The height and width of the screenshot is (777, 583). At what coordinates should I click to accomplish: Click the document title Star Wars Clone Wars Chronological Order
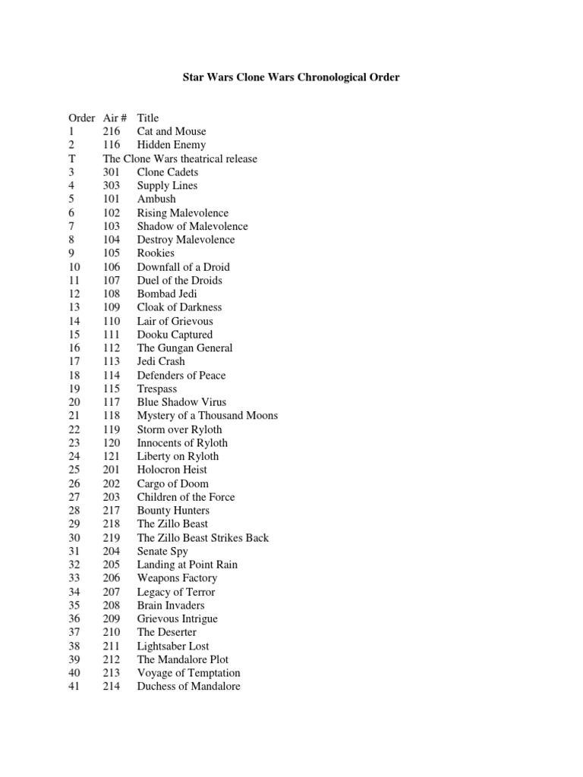pos(291,77)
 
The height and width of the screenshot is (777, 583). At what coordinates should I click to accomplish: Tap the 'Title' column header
pos(148,118)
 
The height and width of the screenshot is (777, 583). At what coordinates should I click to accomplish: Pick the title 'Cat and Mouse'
pos(172,131)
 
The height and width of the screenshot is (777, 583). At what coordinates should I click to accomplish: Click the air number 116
pos(112,145)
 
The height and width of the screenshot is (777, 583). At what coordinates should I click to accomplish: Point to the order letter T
pos(72,159)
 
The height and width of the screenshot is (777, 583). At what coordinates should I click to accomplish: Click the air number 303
pos(112,185)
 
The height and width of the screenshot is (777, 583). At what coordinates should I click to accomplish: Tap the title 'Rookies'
pos(156,253)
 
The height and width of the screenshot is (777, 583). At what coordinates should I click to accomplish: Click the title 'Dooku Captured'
pos(175,335)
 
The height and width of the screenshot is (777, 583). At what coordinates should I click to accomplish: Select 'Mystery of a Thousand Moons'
pos(207,416)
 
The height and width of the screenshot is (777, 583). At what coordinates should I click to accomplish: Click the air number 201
pos(112,470)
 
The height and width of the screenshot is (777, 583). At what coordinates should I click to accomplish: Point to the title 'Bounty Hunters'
pos(173,511)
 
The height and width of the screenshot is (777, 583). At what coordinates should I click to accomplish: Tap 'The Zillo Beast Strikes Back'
pos(203,538)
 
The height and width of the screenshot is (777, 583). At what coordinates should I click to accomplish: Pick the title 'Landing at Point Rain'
pos(187,565)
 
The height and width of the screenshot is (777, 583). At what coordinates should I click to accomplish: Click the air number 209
pos(112,619)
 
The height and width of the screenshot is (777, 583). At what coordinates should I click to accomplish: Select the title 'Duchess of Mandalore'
pos(188,687)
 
